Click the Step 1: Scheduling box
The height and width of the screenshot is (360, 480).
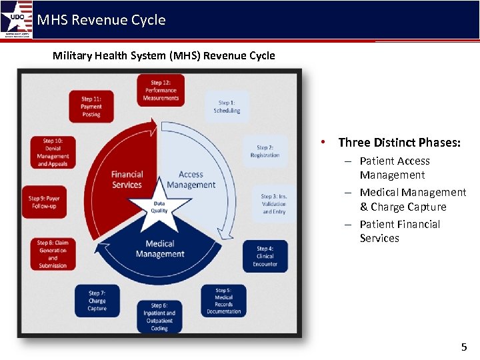[227, 107]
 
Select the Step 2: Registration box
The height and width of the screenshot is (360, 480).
[265, 151]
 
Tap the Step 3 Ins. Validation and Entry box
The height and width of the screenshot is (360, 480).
[274, 204]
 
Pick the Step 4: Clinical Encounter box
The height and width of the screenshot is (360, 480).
[265, 256]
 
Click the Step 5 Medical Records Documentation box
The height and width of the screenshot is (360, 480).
[224, 301]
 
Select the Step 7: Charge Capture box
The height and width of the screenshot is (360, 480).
[97, 301]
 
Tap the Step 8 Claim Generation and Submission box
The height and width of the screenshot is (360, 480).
[53, 254]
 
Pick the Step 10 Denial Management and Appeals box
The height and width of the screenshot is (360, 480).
[53, 153]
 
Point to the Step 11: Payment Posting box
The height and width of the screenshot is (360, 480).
[91, 107]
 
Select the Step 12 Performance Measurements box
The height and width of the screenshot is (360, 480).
[161, 90]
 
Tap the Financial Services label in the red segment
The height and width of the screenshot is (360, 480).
[127, 180]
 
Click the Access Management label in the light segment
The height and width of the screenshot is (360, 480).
[191, 180]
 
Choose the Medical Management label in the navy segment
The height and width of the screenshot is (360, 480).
[159, 249]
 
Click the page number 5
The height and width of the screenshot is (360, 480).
[464, 347]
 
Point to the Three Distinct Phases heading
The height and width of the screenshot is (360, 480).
[399, 142]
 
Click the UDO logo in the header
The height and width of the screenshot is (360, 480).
[16, 19]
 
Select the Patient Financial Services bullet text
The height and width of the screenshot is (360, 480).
[399, 231]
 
